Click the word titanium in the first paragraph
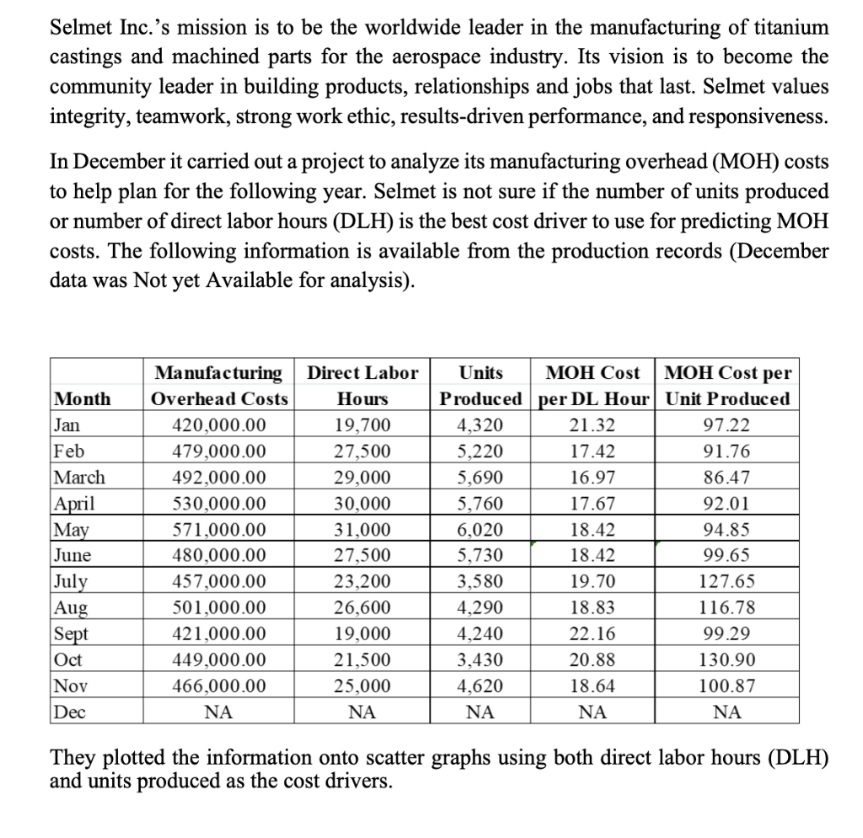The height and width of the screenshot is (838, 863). coord(788,28)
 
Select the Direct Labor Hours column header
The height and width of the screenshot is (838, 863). coord(362,386)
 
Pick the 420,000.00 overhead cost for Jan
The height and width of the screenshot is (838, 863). coord(218,424)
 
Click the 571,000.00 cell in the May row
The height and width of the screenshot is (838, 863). coord(218,529)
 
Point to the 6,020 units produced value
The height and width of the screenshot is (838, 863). coord(480,529)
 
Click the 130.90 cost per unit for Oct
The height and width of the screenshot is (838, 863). coord(727,659)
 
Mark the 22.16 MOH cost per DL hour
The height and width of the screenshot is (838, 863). coord(592,633)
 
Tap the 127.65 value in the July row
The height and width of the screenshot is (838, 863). coord(727,581)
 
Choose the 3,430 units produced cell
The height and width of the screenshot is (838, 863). coord(480,659)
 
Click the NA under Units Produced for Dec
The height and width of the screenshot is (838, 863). coord(480,713)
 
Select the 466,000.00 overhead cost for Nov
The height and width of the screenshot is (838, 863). coord(218,686)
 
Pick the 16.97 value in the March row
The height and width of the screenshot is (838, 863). coord(592,477)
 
